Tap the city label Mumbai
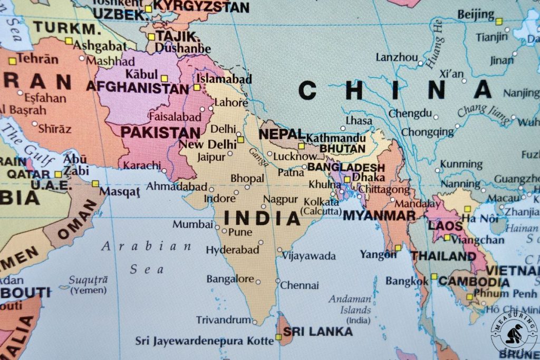pos(192,225)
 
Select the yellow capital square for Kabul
pos(164,78)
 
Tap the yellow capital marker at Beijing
pos(499,22)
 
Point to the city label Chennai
pos(300,286)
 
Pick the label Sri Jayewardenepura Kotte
pos(205,341)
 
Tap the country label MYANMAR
pos(379,216)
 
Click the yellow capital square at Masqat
pos(95,183)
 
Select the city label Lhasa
pos(359,121)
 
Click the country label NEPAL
pos(282,134)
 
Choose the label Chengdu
pos(410,113)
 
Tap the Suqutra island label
pos(88,284)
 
